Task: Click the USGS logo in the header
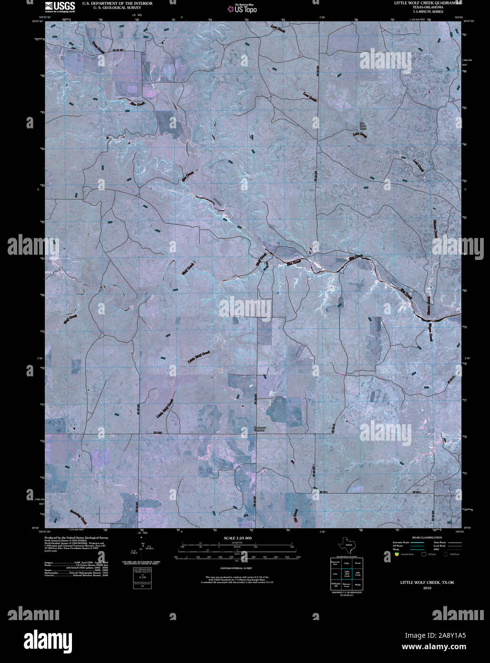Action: (x=60, y=6)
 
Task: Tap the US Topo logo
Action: (x=245, y=9)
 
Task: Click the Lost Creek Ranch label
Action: (x=363, y=126)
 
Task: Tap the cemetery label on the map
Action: (x=259, y=429)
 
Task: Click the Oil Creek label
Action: (x=296, y=515)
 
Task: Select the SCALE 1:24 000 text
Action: (x=237, y=538)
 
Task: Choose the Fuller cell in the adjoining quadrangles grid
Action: (x=347, y=563)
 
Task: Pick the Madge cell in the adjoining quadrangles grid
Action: (x=357, y=584)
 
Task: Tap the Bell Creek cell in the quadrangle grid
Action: (x=357, y=574)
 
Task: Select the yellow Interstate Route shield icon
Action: (x=396, y=554)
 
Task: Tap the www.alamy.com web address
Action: (x=434, y=647)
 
